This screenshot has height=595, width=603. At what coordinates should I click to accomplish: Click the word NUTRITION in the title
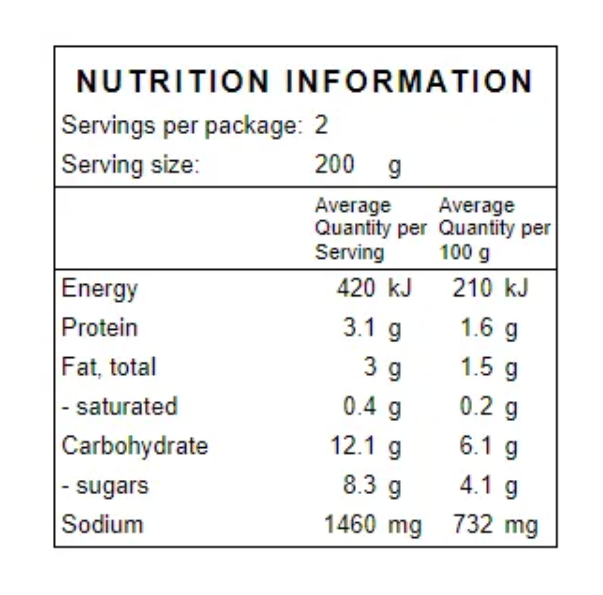tap(172, 82)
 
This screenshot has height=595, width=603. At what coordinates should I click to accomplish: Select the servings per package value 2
tap(321, 125)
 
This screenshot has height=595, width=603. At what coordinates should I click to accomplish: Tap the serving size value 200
tap(335, 164)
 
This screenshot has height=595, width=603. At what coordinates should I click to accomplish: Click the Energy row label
tap(99, 289)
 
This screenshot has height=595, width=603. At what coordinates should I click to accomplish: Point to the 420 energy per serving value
tap(356, 288)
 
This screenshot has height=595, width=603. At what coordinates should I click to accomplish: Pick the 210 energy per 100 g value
tap(472, 288)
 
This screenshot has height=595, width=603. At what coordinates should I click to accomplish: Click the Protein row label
tap(100, 328)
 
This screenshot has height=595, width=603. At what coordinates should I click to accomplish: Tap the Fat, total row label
tap(109, 367)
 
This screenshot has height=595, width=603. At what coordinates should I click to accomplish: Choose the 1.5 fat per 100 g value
tap(477, 367)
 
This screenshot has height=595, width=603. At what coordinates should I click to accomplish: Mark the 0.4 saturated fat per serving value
tap(360, 406)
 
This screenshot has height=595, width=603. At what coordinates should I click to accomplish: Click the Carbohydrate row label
tap(135, 446)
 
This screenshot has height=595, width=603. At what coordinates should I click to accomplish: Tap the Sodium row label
tap(102, 525)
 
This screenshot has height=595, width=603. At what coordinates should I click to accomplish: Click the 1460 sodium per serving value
tap(350, 524)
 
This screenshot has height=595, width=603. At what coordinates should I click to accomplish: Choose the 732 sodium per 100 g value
tap(473, 524)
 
